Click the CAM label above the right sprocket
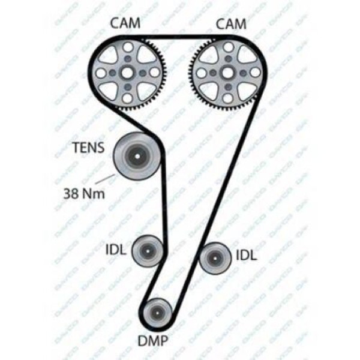click(230, 23)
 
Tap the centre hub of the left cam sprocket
click(128, 73)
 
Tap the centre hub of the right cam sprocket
click(227, 73)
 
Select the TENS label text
click(88, 146)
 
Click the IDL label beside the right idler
click(246, 255)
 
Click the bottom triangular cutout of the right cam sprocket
click(227, 92)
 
